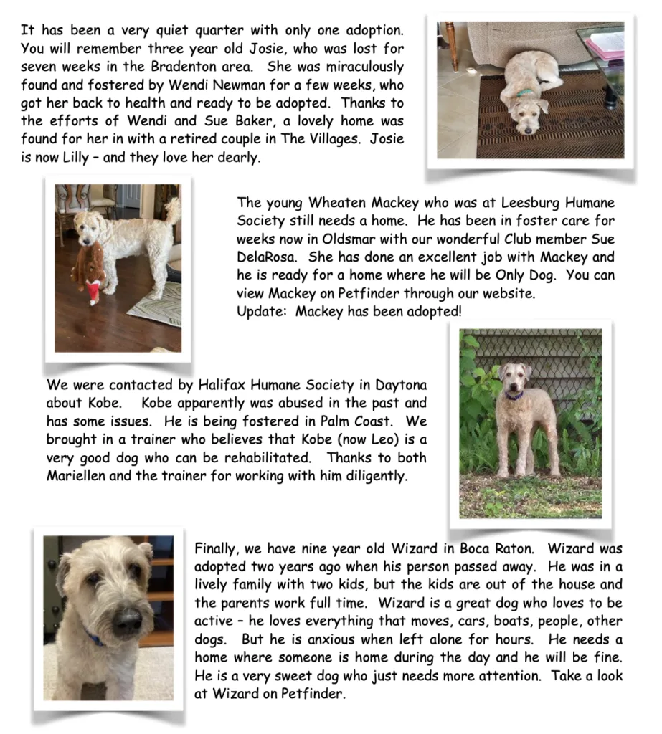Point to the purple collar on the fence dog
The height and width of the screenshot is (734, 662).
click(514, 395)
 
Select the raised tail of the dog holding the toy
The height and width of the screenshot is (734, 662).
click(172, 209)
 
